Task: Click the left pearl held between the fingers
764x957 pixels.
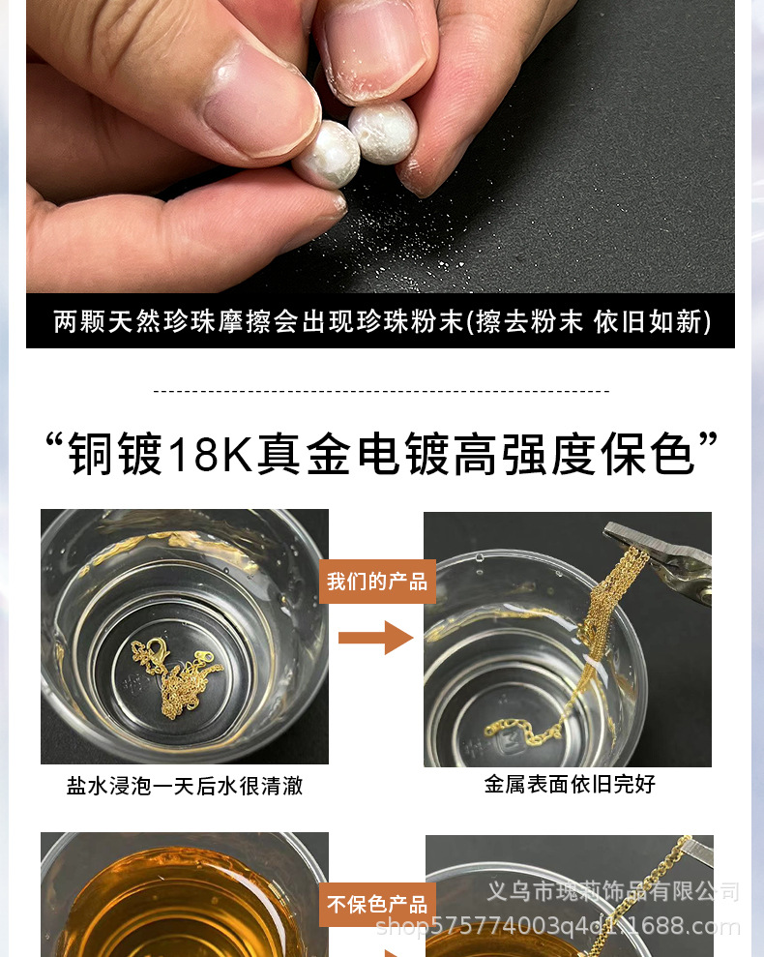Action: tap(326, 154)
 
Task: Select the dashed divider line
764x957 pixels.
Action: tap(381, 391)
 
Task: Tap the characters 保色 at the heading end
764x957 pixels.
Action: tap(647, 454)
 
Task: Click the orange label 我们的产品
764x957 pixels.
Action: tap(377, 582)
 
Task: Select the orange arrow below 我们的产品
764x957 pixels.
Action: tap(376, 638)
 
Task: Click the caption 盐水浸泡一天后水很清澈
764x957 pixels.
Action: tap(185, 786)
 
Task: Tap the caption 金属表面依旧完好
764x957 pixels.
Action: tap(570, 784)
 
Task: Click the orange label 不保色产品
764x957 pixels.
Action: tap(377, 904)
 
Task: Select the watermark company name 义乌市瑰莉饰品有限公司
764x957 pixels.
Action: tap(613, 892)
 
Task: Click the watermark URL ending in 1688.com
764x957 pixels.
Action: tap(558, 926)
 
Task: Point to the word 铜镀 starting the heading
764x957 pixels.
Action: tap(115, 454)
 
